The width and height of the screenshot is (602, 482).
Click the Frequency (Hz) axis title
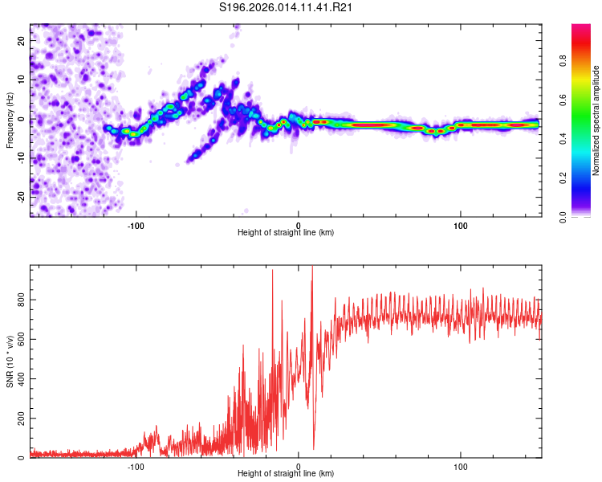[10, 120]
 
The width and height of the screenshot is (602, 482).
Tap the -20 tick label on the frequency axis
[21, 196]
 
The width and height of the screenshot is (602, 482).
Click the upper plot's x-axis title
[286, 233]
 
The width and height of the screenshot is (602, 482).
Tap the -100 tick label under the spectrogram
[136, 226]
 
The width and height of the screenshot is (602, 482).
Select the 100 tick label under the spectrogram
[461, 226]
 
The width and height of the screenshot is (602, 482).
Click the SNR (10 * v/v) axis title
[10, 361]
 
